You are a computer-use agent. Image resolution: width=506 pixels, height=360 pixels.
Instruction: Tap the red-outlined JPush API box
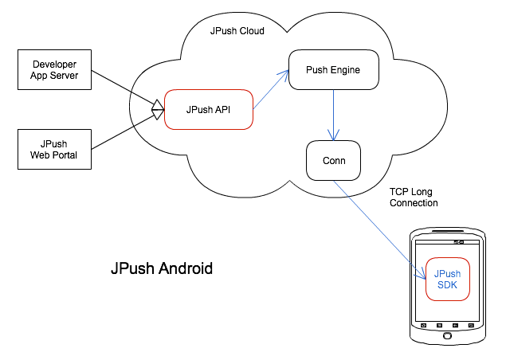click(208, 109)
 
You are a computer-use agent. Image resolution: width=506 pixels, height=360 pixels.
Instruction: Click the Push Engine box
click(332, 70)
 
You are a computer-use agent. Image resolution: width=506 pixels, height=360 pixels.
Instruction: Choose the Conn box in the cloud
click(333, 160)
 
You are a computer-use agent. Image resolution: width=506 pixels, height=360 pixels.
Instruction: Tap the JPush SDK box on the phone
click(447, 280)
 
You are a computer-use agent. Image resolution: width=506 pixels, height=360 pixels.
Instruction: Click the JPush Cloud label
click(237, 31)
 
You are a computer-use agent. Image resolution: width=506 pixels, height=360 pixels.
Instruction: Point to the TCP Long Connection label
click(414, 198)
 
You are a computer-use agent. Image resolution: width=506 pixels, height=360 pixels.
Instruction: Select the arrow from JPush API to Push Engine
click(270, 87)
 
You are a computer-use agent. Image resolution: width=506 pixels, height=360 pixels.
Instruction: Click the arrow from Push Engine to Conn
click(333, 115)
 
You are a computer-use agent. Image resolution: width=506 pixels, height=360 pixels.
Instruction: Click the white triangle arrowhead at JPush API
click(158, 109)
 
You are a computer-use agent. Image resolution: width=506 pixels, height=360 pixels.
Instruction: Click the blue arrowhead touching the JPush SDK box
click(422, 275)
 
